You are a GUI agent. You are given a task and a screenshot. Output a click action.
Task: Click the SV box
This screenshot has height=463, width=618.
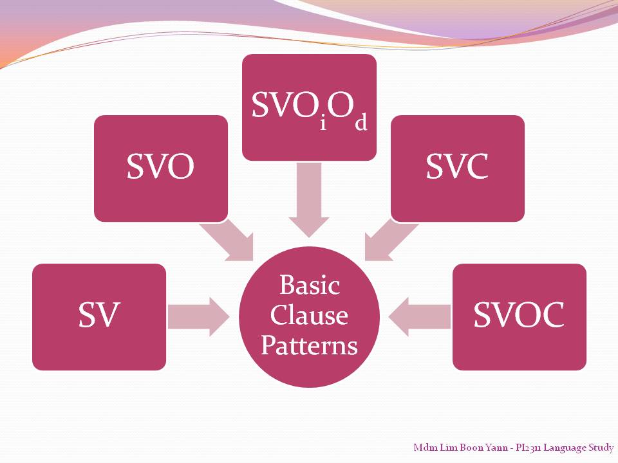point(99,316)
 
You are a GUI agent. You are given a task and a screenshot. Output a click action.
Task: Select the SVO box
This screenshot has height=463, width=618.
point(161,168)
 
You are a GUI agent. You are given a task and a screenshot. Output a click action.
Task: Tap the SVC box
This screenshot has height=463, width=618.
point(457,168)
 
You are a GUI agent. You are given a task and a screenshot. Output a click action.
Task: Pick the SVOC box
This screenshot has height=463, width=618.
point(519,316)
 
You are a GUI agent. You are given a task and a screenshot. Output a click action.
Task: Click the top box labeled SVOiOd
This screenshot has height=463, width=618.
point(309,107)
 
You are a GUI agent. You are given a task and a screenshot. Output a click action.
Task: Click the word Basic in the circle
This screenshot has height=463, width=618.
point(309,285)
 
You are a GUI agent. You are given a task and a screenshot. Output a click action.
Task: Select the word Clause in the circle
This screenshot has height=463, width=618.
point(309,315)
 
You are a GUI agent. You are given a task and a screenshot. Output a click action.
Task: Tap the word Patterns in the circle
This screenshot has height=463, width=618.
point(309,346)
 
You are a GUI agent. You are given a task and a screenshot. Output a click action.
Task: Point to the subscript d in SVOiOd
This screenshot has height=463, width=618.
point(360,122)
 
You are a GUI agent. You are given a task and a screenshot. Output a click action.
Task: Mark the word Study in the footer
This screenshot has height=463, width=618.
point(601,447)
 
